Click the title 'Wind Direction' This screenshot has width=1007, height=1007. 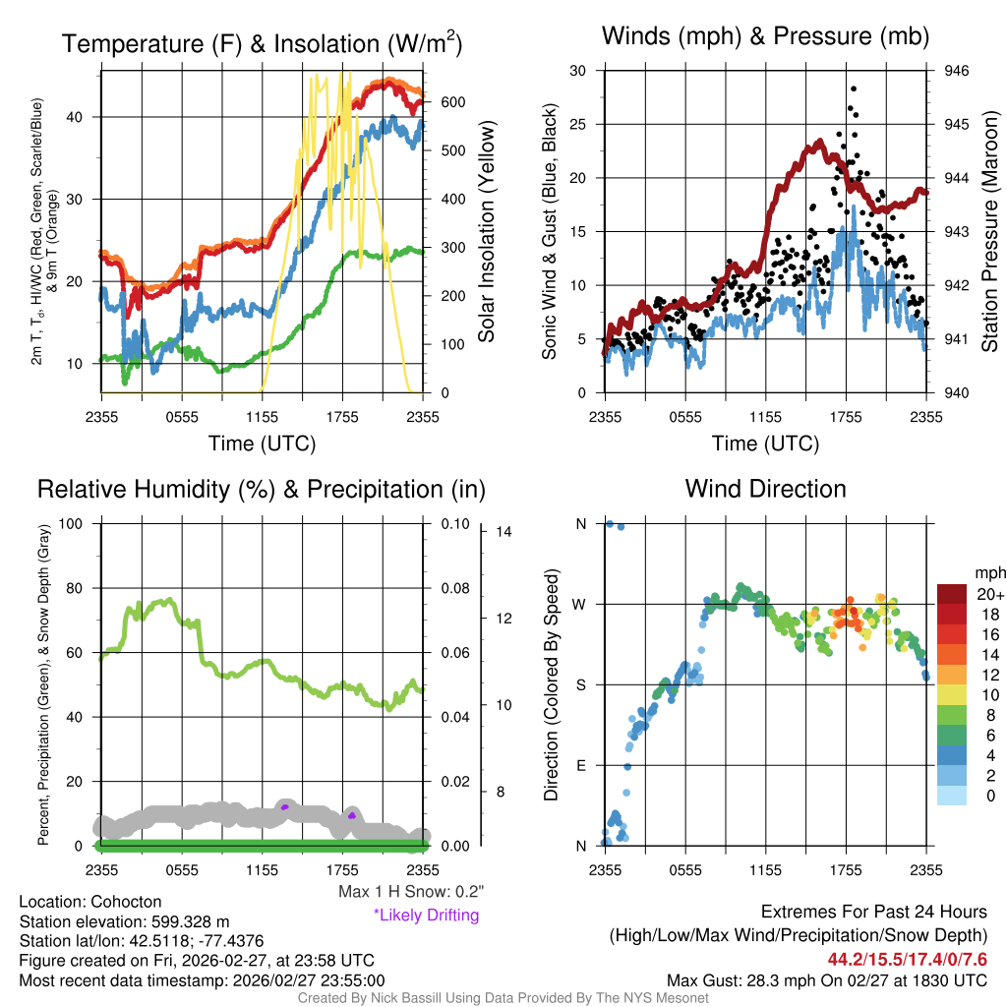pos(765,489)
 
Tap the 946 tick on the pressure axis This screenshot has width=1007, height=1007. pos(956,71)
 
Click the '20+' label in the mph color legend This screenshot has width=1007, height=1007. pos(988,594)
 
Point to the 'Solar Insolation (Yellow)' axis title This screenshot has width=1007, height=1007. pos(486,232)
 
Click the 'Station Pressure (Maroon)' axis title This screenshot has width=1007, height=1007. pos(989,232)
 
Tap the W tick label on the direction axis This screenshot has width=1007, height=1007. pos(581,604)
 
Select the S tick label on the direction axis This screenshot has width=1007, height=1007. pos(581,684)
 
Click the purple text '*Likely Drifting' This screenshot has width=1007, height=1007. pos(426,916)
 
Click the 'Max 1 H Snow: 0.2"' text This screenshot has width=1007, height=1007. pos(410,892)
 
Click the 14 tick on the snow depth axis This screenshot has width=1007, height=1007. pos(504,532)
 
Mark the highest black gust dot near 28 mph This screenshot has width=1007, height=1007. pos(854,89)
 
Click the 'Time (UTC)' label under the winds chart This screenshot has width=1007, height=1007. pos(764,444)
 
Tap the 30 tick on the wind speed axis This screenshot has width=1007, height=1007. pos(578,71)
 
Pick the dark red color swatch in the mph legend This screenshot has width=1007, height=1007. pos(952,594)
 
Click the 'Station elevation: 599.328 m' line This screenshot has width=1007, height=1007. pos(124,921)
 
